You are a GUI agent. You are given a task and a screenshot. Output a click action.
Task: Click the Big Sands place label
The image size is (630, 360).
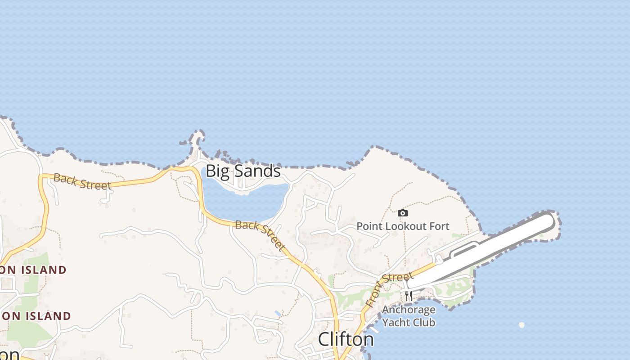click(243, 171)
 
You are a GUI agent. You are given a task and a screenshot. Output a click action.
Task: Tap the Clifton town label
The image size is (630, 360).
click(346, 339)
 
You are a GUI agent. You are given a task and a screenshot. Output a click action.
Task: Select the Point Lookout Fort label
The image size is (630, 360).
click(403, 226)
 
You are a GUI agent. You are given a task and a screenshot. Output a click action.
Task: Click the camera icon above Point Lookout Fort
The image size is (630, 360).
click(403, 213)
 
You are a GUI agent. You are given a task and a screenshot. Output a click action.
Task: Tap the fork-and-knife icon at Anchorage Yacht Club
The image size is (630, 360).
click(409, 296)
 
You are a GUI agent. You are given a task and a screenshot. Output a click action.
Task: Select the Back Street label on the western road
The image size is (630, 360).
click(82, 181)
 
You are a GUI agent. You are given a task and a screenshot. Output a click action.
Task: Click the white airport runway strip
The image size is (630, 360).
click(486, 252)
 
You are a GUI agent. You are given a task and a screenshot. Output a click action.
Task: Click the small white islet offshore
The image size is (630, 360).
click(522, 324)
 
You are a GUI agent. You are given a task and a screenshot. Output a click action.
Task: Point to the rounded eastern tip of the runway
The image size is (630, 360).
click(548, 220)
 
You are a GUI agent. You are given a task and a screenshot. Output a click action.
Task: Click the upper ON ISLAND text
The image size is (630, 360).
click(33, 270)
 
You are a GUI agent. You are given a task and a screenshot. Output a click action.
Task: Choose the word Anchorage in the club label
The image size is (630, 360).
click(409, 310)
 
